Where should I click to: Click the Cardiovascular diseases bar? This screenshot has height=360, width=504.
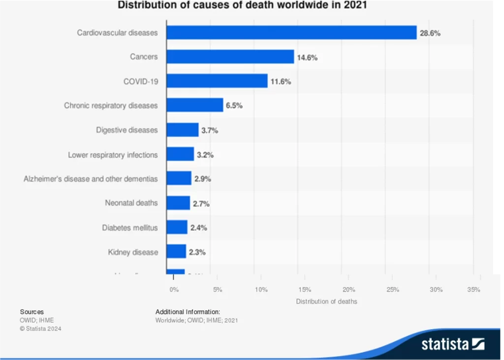[x=291, y=33]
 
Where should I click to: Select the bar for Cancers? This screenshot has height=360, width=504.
[x=230, y=57]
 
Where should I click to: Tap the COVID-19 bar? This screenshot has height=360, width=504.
[x=217, y=81]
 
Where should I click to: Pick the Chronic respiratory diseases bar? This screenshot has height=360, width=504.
[x=194, y=105]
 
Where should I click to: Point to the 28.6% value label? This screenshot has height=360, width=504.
[x=430, y=33]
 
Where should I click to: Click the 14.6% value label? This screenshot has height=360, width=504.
[x=307, y=58]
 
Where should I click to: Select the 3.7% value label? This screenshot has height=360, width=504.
[x=209, y=131]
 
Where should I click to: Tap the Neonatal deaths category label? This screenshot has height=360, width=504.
[x=131, y=203]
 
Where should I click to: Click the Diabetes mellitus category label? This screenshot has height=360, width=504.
[x=130, y=228]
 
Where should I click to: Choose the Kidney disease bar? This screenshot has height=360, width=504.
[x=176, y=252]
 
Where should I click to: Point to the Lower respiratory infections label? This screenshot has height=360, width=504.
[x=113, y=155]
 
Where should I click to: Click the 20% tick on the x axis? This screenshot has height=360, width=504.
[x=348, y=290]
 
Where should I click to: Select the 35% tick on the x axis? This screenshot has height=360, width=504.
[x=473, y=290]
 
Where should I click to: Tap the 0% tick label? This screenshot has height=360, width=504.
[x=174, y=290]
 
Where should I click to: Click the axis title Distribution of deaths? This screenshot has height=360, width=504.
[x=326, y=301]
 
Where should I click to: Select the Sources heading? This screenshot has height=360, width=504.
[x=31, y=312]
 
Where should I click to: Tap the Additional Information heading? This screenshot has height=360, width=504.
[x=188, y=312]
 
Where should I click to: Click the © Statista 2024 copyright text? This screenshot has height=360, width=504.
[x=40, y=328]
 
